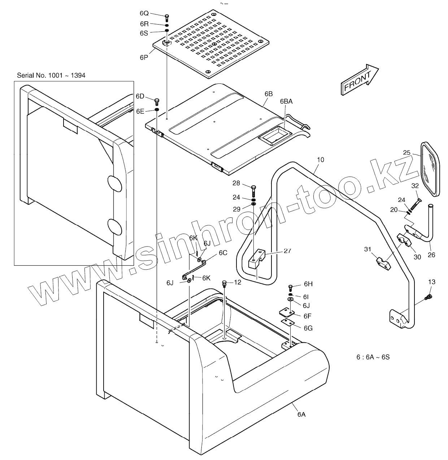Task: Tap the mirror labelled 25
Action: coord(430,169)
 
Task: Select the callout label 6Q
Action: coord(144,13)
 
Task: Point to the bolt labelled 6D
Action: coord(157,101)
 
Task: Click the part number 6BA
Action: coord(286,102)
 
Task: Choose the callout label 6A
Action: coord(301,415)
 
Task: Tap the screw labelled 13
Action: coord(429,297)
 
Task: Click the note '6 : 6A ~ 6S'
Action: coord(373,357)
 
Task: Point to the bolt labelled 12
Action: coord(225,283)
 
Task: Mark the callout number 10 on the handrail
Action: coord(320,159)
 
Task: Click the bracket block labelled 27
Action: coord(257,259)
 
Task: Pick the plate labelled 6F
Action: coord(287,313)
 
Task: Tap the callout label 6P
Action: coord(144,57)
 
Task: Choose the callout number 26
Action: coord(431,255)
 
